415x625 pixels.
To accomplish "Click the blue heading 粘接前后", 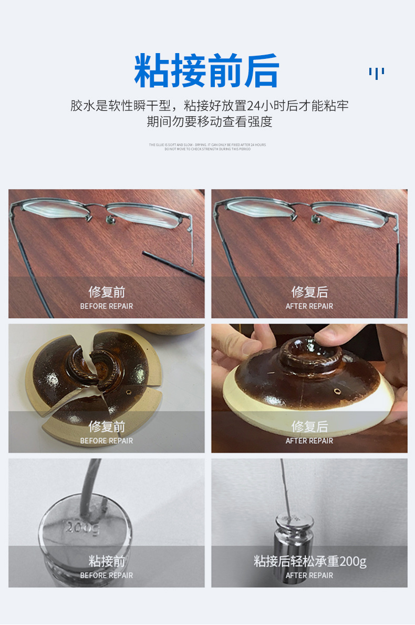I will click(206, 70).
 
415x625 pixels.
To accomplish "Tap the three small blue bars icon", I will click(376, 73).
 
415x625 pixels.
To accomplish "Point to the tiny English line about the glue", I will click(207, 145).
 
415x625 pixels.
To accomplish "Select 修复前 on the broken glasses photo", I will click(106, 292).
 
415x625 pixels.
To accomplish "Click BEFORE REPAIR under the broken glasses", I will click(106, 306).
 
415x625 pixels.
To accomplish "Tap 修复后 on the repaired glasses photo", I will click(309, 292).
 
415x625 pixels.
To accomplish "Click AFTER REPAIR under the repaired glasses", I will click(309, 306).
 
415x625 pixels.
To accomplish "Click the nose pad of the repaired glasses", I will click(317, 218).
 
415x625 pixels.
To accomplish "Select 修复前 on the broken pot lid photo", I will click(106, 426).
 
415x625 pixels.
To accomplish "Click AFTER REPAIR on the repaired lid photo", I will click(309, 440).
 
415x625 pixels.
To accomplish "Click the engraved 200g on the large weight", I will click(81, 526).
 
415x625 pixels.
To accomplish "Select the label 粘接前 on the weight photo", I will click(106, 561).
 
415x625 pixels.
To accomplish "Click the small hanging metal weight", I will click(294, 531).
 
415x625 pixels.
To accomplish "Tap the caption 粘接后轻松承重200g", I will click(309, 561).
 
